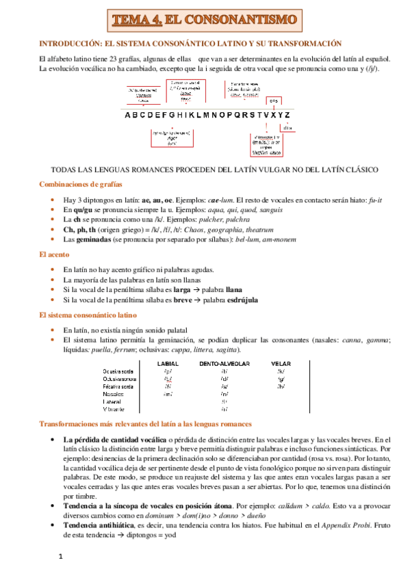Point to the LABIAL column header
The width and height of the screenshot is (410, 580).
[x=168, y=363]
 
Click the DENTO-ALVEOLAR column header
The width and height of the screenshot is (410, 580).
[x=225, y=363]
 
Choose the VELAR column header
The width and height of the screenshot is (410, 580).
[x=281, y=363]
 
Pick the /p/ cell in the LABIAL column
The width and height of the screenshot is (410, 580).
[x=168, y=371]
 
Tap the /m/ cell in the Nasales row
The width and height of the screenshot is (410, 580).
[x=168, y=395]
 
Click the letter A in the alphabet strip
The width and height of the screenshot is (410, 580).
[x=128, y=115]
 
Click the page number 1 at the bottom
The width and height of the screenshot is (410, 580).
[x=60, y=557]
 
